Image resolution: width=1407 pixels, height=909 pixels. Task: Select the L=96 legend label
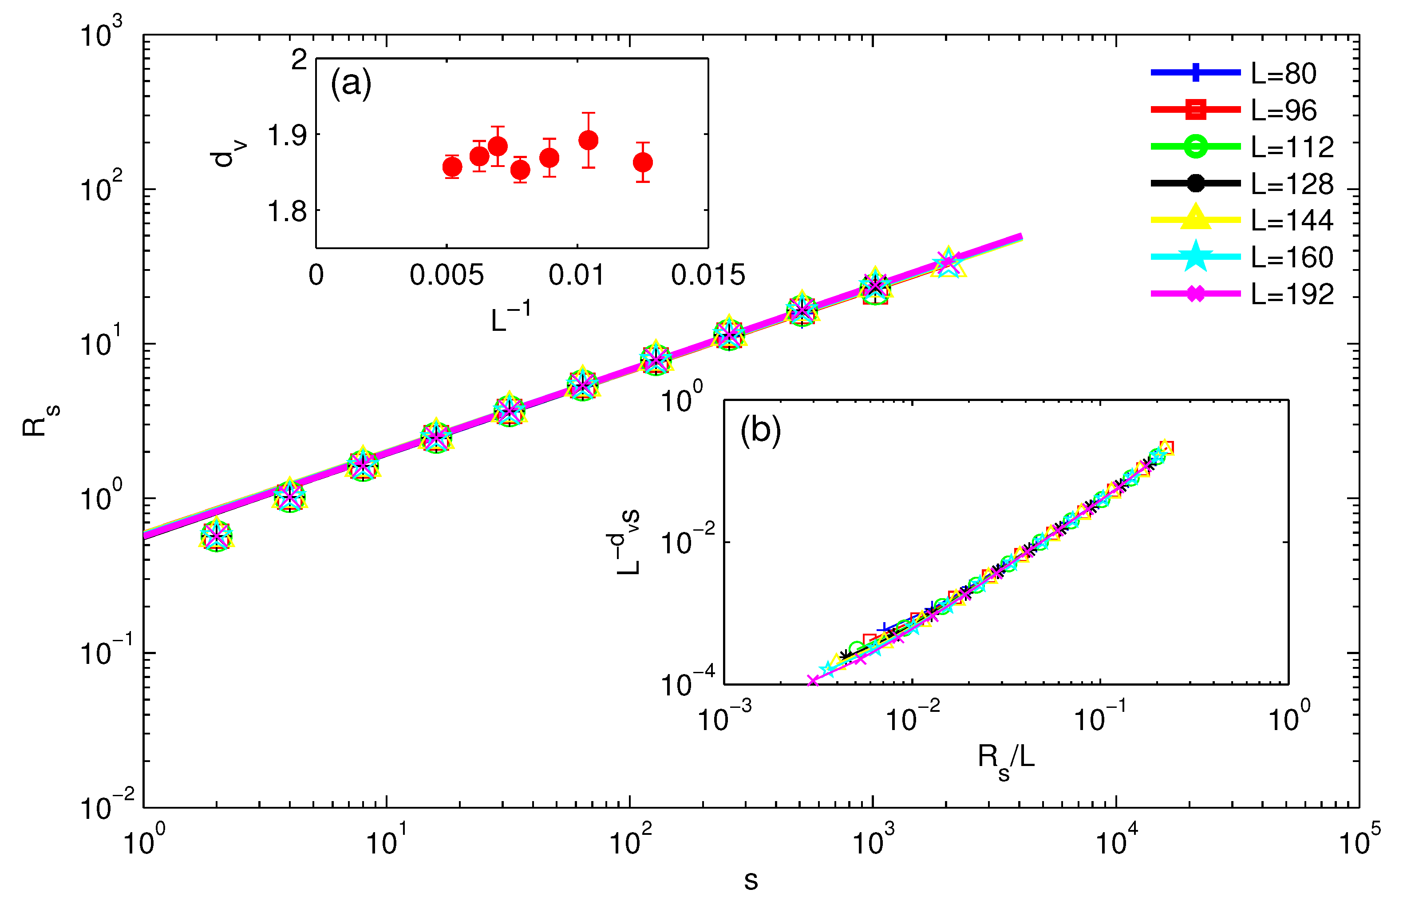1283,111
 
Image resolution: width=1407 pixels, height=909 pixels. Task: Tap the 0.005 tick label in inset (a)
447,275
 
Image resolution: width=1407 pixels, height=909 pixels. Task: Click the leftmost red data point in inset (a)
452,167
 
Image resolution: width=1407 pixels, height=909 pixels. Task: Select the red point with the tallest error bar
588,140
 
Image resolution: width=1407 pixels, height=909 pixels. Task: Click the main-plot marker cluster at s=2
217,536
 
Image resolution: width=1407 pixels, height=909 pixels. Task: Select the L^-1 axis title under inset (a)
510,318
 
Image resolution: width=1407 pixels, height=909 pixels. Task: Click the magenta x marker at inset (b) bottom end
813,681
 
